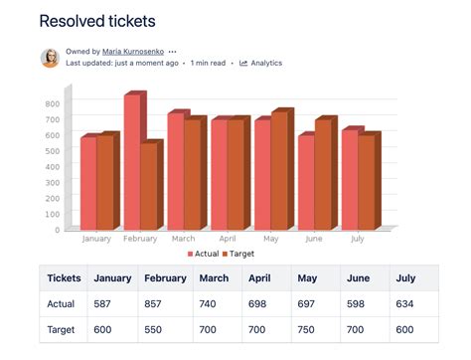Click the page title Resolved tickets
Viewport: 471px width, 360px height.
97,20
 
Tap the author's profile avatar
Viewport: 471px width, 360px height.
50,58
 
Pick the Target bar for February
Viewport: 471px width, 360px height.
148,186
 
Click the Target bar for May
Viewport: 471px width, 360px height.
279,171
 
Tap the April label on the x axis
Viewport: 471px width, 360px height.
227,239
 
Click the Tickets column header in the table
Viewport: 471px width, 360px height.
64,278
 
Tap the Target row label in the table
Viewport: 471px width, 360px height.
62,330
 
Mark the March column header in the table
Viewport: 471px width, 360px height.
214,278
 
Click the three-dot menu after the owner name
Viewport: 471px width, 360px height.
173,51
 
